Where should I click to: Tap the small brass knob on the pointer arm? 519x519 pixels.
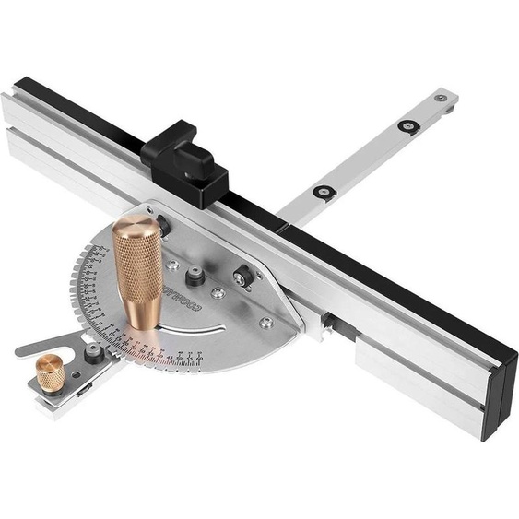coord(50,374)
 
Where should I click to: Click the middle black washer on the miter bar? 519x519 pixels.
coord(407,125)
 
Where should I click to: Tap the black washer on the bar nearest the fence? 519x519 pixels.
coord(324,192)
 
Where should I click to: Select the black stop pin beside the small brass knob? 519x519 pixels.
coord(93,354)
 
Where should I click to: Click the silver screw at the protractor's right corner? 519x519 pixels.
coord(265,323)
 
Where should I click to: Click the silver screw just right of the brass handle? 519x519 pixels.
coord(173,265)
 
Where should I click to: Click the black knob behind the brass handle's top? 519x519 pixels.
coord(164,223)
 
